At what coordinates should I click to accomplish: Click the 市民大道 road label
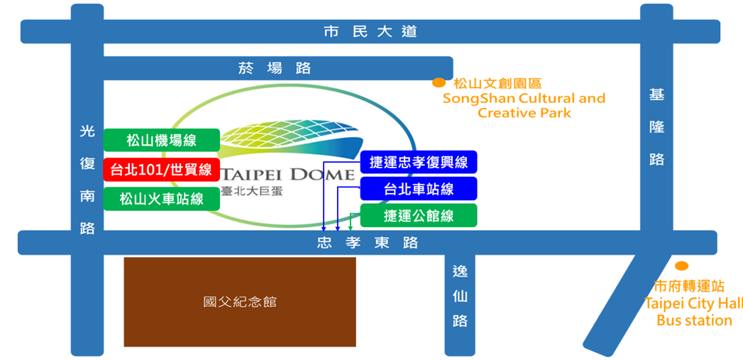369,31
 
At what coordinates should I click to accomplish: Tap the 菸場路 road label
274,68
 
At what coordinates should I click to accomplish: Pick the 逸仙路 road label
460,295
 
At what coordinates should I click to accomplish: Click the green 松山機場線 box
161,140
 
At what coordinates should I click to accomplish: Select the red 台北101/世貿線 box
161,169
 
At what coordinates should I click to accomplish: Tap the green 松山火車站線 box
161,198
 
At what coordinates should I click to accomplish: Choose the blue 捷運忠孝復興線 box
419,162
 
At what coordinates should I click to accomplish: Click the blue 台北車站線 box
419,189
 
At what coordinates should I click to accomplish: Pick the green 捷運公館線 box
419,215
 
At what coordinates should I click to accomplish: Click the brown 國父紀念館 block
240,302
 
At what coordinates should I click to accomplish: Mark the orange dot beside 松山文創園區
439,83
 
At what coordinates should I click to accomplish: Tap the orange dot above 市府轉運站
681,266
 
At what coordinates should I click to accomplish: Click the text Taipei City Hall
693,304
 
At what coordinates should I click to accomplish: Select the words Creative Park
524,113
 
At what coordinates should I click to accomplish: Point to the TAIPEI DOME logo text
287,175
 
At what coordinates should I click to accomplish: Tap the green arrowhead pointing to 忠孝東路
351,228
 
